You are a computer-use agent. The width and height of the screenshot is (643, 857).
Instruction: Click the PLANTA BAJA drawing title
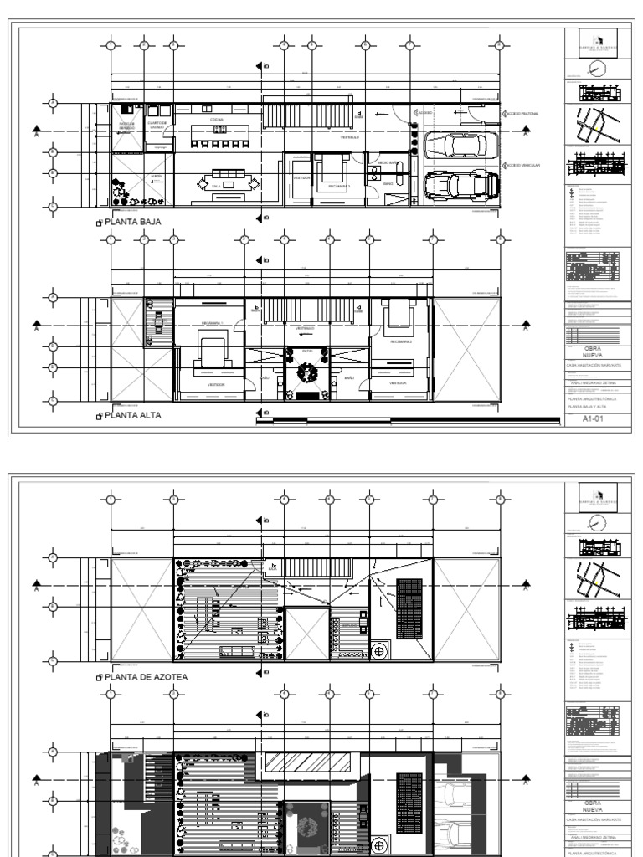click(132, 222)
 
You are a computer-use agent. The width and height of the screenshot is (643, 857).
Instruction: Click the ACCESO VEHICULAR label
click(524, 166)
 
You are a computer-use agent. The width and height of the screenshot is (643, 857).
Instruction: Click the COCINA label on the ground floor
click(217, 120)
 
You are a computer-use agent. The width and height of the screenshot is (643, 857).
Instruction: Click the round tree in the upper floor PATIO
click(307, 372)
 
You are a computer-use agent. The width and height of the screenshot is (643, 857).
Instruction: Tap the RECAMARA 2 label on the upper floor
click(400, 341)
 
